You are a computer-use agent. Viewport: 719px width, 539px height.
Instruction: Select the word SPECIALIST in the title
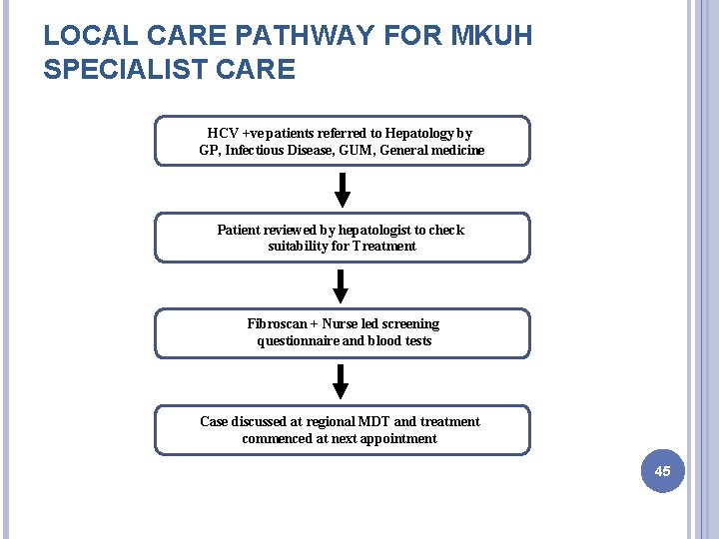pos(125,70)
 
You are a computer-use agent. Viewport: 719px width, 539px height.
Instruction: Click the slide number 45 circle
pos(663,470)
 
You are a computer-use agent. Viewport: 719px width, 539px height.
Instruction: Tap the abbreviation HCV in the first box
pos(223,133)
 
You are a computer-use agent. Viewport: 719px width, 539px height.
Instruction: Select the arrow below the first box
pos(342,189)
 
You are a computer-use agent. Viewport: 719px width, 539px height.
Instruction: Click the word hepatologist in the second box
pos(371,230)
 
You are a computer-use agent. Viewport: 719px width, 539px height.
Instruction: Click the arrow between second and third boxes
pos(341,284)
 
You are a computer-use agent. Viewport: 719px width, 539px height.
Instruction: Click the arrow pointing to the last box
pos(341,380)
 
